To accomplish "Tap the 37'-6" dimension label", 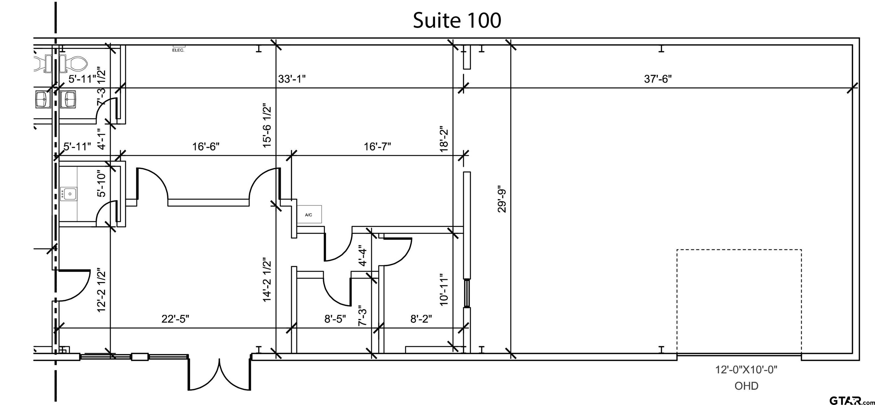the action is pos(658,79).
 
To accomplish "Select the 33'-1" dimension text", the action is pos(292,79).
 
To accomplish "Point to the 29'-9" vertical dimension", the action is pos(502,199).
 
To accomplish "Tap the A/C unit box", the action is pos(309,214).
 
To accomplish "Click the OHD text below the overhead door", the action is pos(746,386).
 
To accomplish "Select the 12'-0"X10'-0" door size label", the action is pos(746,370).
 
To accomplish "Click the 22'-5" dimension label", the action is pos(175,319).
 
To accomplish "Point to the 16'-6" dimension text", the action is pos(206,147).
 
